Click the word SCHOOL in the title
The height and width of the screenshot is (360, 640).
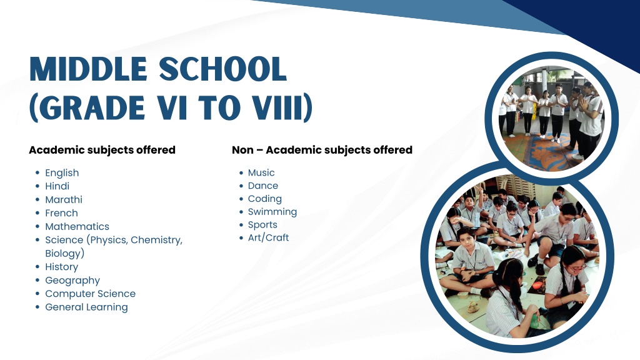click(x=222, y=69)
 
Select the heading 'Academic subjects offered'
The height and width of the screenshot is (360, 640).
click(x=102, y=150)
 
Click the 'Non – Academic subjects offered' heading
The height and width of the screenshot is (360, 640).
click(x=322, y=150)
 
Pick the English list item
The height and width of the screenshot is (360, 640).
click(x=62, y=173)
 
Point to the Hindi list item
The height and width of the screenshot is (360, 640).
click(x=57, y=186)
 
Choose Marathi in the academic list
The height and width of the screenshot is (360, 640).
click(x=64, y=199)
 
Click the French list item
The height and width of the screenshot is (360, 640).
click(x=61, y=213)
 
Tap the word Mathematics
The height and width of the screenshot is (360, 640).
click(x=77, y=226)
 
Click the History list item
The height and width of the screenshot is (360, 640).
click(x=62, y=267)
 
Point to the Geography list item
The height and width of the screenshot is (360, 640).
click(x=72, y=281)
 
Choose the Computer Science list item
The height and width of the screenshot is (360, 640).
click(x=90, y=294)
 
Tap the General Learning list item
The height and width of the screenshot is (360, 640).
click(x=86, y=307)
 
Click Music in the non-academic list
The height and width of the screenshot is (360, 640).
click(x=261, y=172)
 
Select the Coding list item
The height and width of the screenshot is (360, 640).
click(x=265, y=199)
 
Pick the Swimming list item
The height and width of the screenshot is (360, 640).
click(x=272, y=212)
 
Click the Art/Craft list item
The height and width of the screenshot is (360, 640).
click(x=268, y=237)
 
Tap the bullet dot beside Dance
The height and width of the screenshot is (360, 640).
click(x=241, y=186)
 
